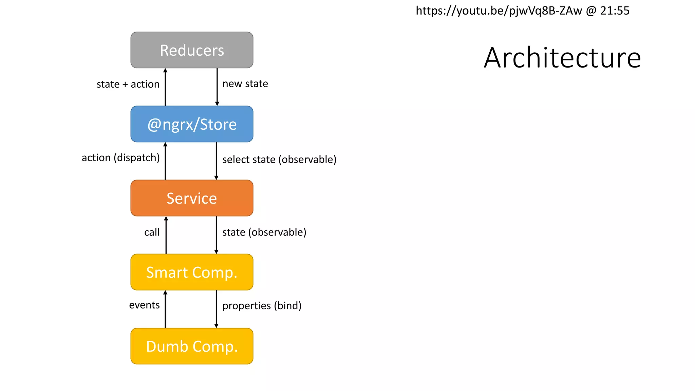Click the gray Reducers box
pos(192,50)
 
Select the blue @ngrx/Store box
pos(192,124)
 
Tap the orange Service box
pos(192,198)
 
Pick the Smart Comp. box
pos(192,272)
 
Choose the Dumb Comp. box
pos(192,346)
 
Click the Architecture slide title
pos(562,58)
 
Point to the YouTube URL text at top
pos(499,11)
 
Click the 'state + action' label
pos(128,84)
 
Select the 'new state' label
pos(245,83)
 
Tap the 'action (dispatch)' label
pos(120,158)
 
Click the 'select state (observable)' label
pos(279,160)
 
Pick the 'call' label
pos(152,232)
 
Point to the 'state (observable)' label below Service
pos(264,232)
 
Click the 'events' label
pos(144,305)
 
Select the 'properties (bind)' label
pos(262,306)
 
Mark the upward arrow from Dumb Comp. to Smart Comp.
pos(165,309)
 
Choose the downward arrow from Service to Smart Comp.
pos(216,235)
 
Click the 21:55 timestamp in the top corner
pos(615,11)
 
